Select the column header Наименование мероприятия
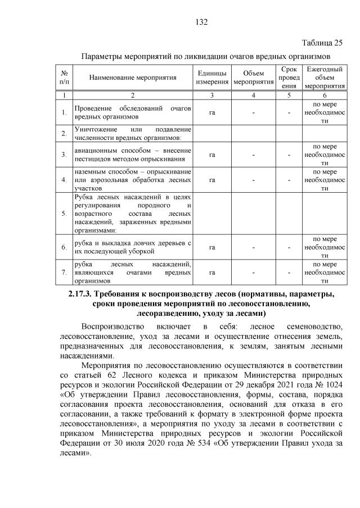pos(133,78)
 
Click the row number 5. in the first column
pos(64,214)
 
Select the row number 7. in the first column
pos(64,272)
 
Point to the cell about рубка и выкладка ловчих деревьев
pos(133,247)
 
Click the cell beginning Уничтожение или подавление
pos(133,133)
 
